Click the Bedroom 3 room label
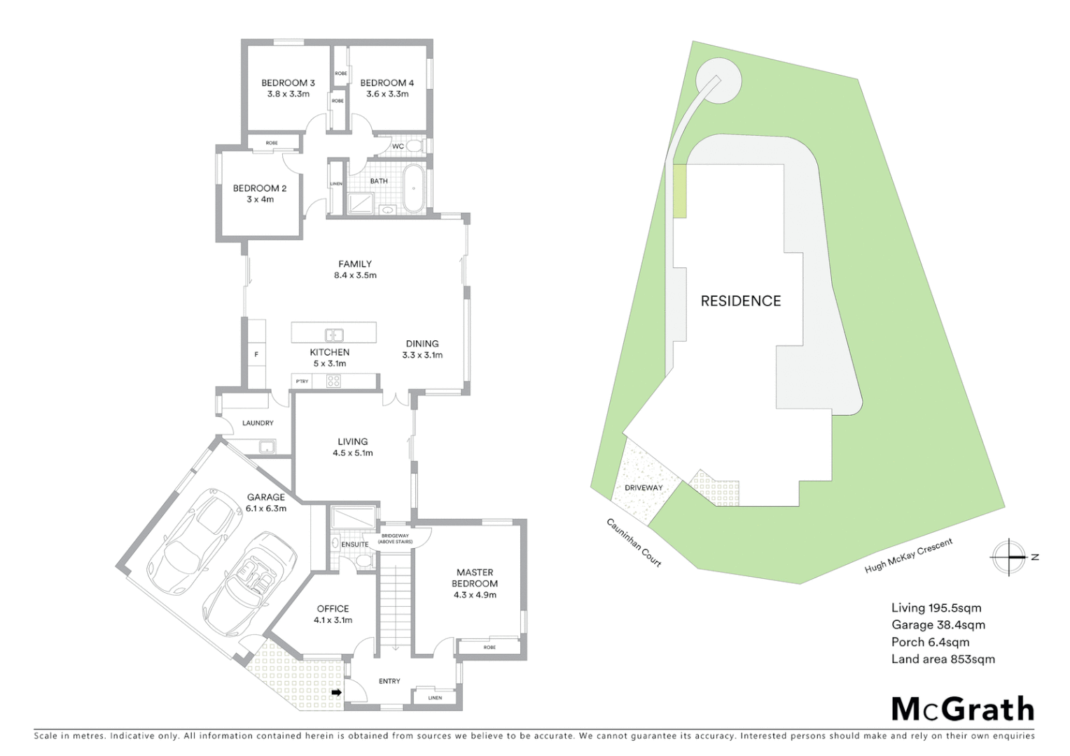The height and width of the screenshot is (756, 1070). [288, 83]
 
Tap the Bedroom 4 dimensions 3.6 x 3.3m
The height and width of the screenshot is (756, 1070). [387, 94]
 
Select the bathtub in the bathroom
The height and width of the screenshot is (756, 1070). [413, 188]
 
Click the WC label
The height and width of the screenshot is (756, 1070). [398, 146]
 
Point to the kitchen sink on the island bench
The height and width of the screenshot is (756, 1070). [334, 335]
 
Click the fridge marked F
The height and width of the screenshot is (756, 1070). [256, 355]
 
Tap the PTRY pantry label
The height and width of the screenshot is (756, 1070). [302, 381]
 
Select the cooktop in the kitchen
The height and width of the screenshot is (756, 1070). [334, 381]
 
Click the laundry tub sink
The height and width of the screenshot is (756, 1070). [265, 446]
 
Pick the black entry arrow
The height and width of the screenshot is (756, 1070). [336, 693]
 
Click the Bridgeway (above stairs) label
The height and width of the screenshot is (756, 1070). [395, 538]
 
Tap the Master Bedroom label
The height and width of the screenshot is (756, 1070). [475, 577]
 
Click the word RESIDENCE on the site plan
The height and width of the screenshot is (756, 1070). [740, 301]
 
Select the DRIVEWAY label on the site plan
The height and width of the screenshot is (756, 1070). [644, 488]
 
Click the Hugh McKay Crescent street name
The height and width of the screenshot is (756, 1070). [908, 556]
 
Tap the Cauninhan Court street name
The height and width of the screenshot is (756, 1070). [634, 542]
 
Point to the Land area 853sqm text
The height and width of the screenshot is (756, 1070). [943, 659]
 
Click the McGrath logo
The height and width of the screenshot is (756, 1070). [962, 709]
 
